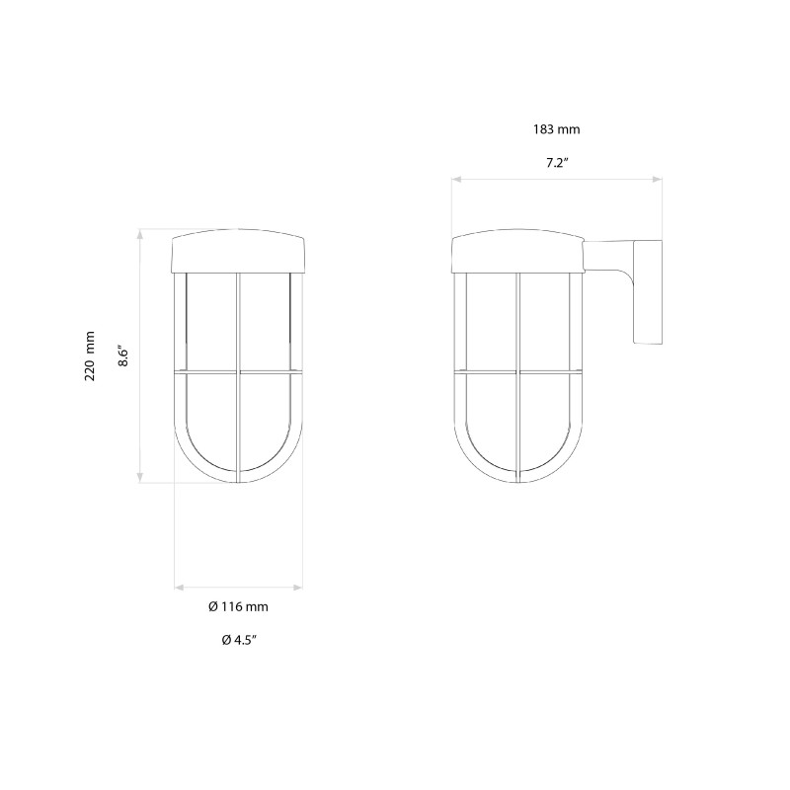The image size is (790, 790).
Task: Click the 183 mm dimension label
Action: tap(555, 129)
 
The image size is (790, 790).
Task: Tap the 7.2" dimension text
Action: tap(556, 163)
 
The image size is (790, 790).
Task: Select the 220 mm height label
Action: tap(90, 355)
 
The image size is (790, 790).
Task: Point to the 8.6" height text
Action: tap(123, 355)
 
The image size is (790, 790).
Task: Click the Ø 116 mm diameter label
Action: tap(239, 606)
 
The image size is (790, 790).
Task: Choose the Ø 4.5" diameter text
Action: tap(239, 640)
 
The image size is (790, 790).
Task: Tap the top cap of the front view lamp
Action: tap(239, 253)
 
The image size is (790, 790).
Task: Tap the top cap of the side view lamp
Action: tap(517, 253)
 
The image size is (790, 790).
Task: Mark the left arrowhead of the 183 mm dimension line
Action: tap(455, 180)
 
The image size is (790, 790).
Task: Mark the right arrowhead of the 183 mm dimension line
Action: tap(659, 180)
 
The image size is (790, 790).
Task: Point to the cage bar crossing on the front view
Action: tap(239, 372)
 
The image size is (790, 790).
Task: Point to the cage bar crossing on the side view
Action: tap(517, 372)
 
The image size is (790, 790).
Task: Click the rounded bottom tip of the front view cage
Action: tap(239, 481)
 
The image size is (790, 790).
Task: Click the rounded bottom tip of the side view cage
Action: tap(517, 481)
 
